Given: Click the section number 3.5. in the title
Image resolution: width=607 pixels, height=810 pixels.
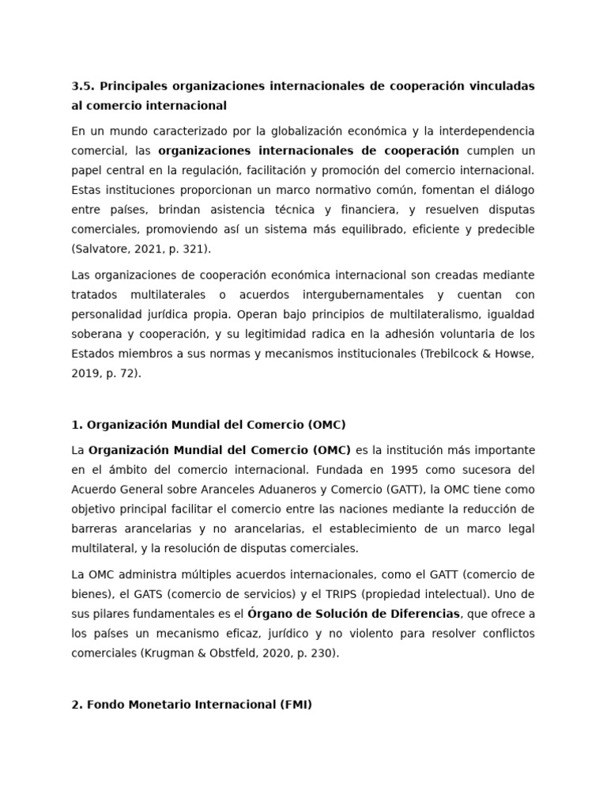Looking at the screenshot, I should click(x=82, y=85).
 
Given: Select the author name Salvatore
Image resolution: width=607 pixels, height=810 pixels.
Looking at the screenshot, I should click(x=101, y=248).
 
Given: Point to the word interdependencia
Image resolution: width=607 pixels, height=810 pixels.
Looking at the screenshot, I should click(x=485, y=131).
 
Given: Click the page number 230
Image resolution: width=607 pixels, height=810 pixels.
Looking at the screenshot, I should click(x=308, y=653).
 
